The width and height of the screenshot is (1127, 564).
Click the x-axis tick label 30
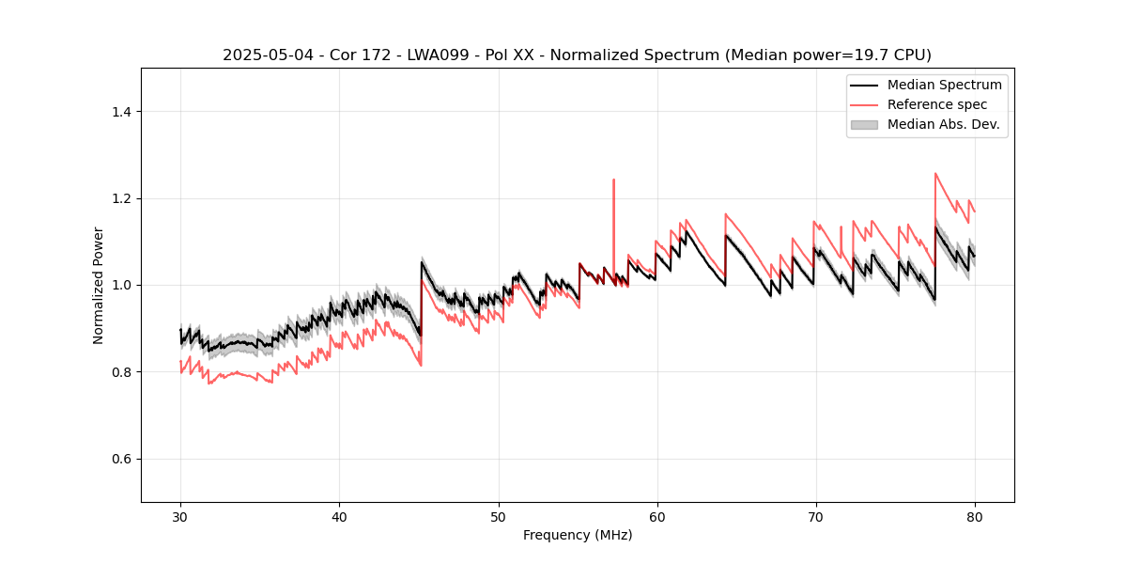(180, 516)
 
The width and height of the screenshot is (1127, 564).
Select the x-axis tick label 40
(339, 516)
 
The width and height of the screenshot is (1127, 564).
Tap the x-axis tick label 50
(498, 516)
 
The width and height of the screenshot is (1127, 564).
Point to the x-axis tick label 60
(656, 516)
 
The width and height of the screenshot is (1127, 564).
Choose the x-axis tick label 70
(815, 516)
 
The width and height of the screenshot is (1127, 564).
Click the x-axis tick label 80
(974, 516)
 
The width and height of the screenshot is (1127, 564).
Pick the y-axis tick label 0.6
(120, 459)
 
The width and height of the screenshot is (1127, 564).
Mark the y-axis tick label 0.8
(120, 372)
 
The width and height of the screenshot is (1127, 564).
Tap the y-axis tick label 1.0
(120, 285)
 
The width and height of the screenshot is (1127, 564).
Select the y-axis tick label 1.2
(120, 198)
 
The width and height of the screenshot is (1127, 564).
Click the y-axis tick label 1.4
(120, 112)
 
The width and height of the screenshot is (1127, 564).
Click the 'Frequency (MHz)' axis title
(578, 535)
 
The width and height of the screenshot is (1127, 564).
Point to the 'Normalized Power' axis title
(99, 285)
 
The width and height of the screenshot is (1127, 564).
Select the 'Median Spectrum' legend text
(944, 85)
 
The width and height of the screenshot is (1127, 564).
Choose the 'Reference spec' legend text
(937, 104)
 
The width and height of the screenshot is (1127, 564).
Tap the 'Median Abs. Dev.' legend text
(944, 124)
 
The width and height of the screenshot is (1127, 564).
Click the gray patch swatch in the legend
(864, 124)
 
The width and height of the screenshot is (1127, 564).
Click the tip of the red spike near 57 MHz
(613, 180)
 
